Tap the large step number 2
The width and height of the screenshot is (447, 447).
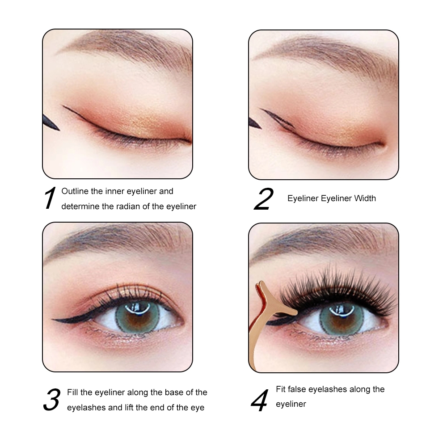(x=264, y=199)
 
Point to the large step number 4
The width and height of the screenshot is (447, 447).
(x=260, y=401)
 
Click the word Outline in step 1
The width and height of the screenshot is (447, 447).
(x=75, y=191)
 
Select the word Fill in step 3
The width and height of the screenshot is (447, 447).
(x=72, y=392)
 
